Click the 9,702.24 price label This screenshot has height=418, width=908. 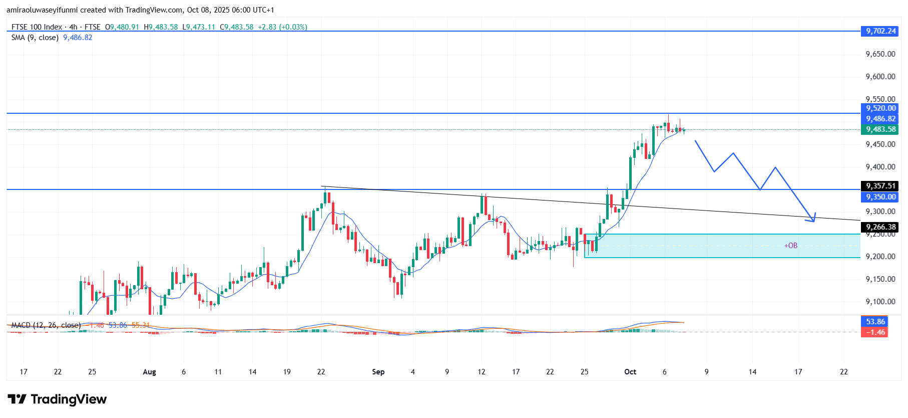[x=880, y=31]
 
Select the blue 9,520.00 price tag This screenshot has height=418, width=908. [x=880, y=108]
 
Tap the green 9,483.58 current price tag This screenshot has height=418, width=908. [x=880, y=129]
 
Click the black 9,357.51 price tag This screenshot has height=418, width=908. [x=880, y=186]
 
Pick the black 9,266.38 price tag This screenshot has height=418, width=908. [x=880, y=227]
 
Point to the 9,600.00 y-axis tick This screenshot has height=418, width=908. [x=880, y=77]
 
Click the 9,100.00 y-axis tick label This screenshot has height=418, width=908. [x=880, y=302]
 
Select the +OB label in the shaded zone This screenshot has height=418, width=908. [x=791, y=246]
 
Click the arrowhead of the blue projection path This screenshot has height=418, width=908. [x=813, y=219]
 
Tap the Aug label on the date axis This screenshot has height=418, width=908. [x=149, y=372]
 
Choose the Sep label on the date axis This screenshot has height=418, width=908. [x=378, y=372]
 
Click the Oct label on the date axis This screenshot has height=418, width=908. [x=630, y=372]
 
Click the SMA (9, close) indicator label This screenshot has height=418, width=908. [x=35, y=38]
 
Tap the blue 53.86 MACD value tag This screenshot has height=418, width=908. [x=875, y=322]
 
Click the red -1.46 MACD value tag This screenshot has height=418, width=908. [x=875, y=332]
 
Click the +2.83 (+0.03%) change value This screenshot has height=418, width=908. [x=282, y=27]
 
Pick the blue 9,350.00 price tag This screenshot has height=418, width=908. [x=880, y=197]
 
